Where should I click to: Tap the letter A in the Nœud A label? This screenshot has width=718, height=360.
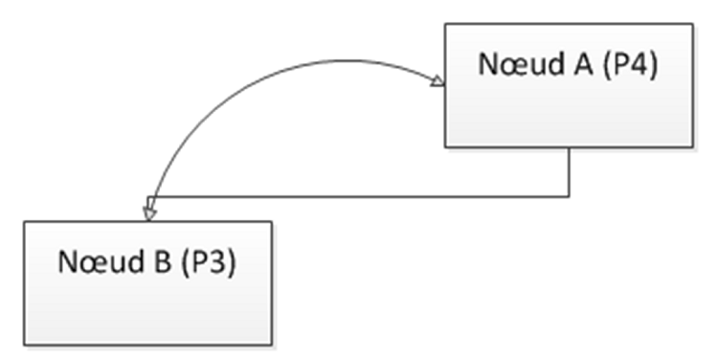(x=583, y=64)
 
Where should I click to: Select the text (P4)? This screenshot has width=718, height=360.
(x=631, y=64)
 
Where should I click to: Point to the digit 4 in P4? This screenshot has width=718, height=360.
(x=639, y=64)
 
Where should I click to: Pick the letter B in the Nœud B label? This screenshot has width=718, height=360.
(x=163, y=262)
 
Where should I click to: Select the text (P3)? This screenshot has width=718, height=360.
(x=209, y=262)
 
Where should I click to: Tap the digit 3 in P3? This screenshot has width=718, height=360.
(x=218, y=262)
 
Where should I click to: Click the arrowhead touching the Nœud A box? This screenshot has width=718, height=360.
(x=438, y=80)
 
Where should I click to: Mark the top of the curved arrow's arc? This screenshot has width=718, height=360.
(x=341, y=60)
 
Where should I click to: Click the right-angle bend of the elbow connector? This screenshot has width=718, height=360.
(x=570, y=197)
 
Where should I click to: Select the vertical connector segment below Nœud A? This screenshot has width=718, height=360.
(x=570, y=172)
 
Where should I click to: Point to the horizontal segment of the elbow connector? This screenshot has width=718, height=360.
(x=359, y=197)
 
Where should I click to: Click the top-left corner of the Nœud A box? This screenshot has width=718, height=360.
(x=445, y=23)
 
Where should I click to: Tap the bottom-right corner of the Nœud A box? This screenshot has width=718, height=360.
(x=693, y=147)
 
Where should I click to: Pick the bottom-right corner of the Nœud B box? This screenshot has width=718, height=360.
(x=272, y=345)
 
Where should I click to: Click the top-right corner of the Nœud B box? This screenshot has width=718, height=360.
(x=272, y=222)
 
